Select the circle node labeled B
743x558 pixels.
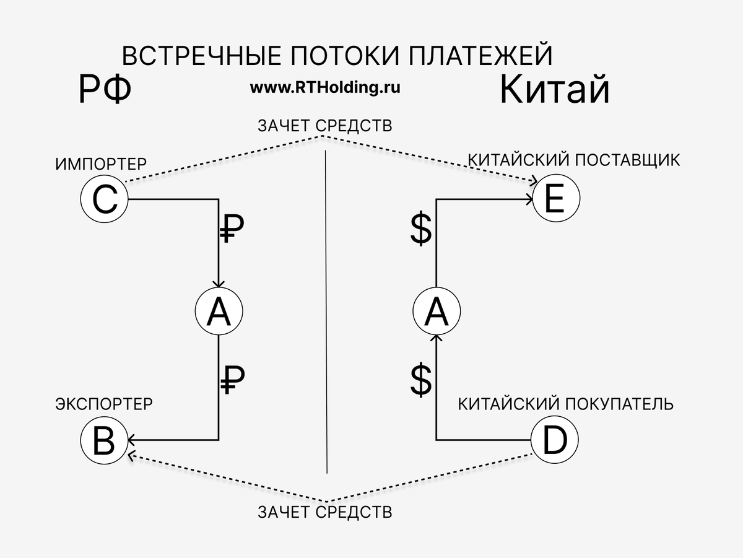[104, 440]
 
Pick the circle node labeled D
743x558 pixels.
[554, 440]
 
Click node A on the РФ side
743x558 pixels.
[218, 312]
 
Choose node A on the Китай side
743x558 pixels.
[437, 312]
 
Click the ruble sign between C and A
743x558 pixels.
[232, 230]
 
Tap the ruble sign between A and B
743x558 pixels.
[232, 379]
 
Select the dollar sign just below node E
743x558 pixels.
[421, 231]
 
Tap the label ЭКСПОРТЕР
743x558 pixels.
[104, 404]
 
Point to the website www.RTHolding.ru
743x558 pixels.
[325, 87]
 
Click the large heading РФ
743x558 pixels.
[105, 90]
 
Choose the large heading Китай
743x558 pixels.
[554, 90]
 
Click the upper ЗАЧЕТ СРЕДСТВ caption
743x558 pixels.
[325, 126]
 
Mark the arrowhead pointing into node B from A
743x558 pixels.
[131, 440]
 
